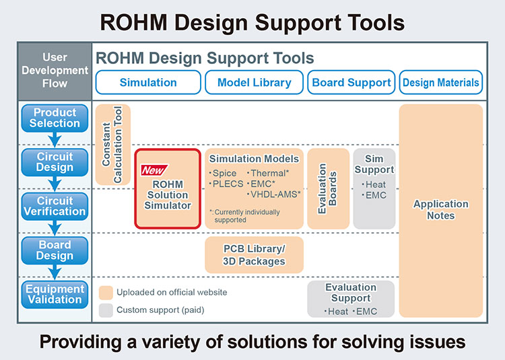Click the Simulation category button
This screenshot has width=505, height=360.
click(148, 83)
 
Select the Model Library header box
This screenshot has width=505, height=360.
click(254, 83)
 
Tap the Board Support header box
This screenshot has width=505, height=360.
click(351, 83)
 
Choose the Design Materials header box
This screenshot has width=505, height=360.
click(441, 83)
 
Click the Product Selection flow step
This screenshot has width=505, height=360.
click(55, 118)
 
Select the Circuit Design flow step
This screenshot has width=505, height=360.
click(55, 161)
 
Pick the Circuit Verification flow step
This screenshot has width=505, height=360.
click(55, 206)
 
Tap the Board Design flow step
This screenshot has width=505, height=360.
click(55, 250)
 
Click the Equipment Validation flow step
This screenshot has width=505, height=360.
click(55, 294)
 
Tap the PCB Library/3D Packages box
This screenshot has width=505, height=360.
click(254, 255)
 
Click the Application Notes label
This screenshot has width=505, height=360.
click(440, 210)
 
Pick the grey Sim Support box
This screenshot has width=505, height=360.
click(374, 189)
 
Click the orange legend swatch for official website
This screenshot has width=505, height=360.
click(104, 293)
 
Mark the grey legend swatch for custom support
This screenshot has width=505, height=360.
click(104, 310)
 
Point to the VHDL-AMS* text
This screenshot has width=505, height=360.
click(275, 194)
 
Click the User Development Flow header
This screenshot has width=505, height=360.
click(55, 71)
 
